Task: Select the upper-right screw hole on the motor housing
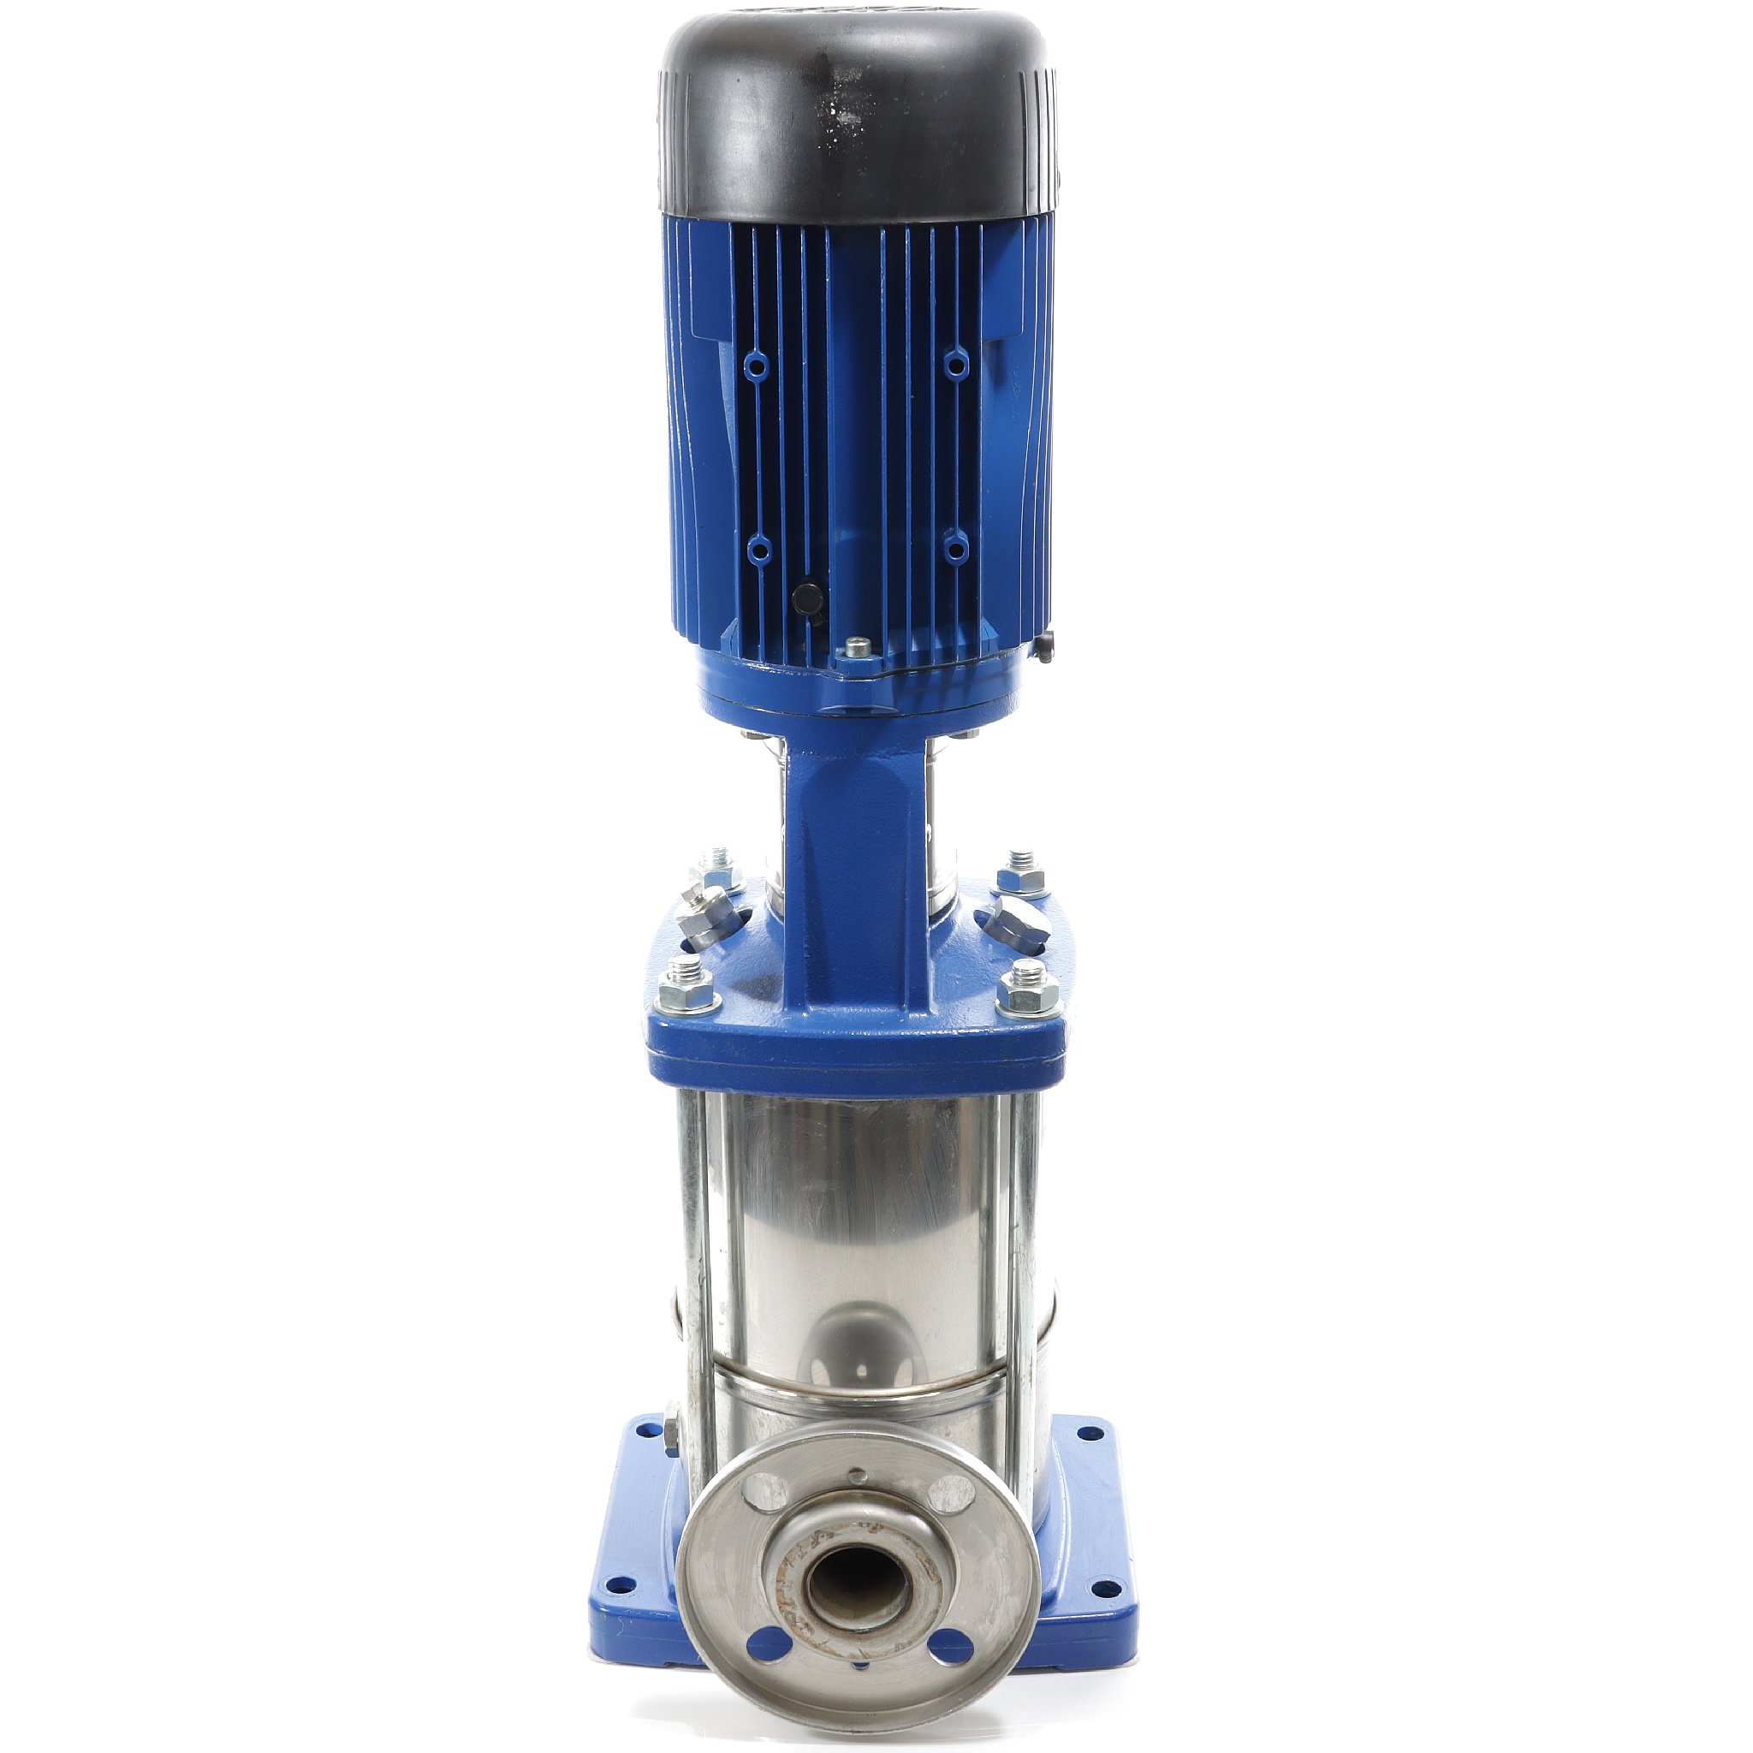(x=954, y=364)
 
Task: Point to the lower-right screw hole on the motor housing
(x=953, y=547)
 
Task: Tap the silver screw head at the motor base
(x=855, y=648)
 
